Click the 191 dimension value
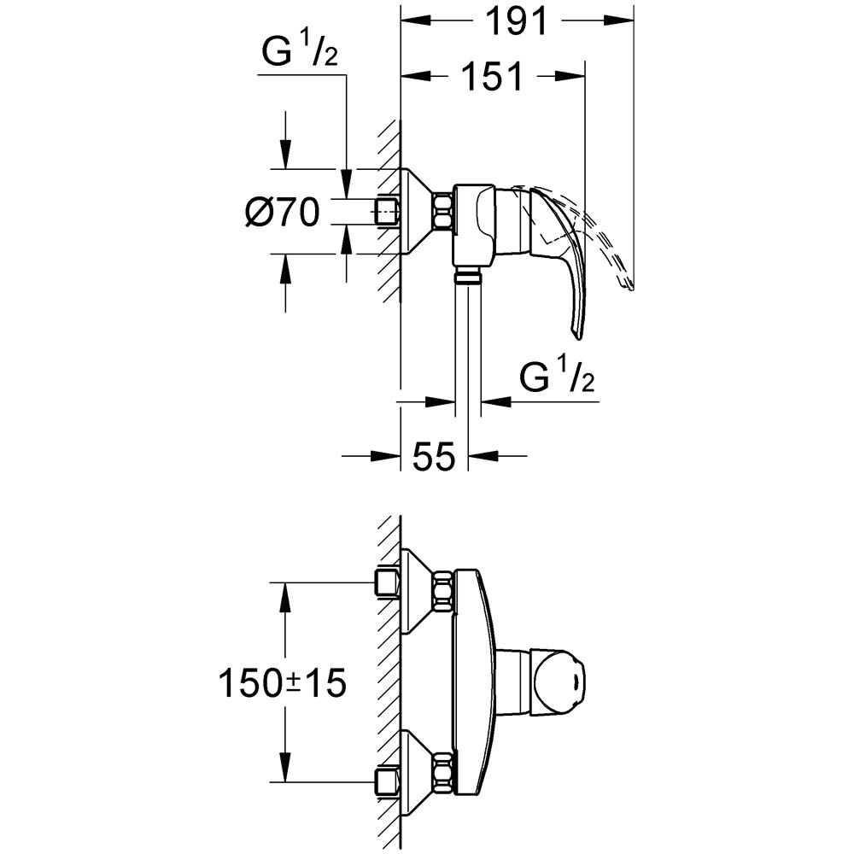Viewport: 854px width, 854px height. click(x=516, y=22)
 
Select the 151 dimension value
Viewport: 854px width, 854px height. click(x=491, y=76)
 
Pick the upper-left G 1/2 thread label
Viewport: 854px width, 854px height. click(x=300, y=53)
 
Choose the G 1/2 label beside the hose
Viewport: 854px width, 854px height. click(x=557, y=377)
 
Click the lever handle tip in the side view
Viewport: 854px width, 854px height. click(x=578, y=333)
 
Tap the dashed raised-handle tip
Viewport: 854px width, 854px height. click(x=628, y=284)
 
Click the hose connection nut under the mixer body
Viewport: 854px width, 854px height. click(x=468, y=275)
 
